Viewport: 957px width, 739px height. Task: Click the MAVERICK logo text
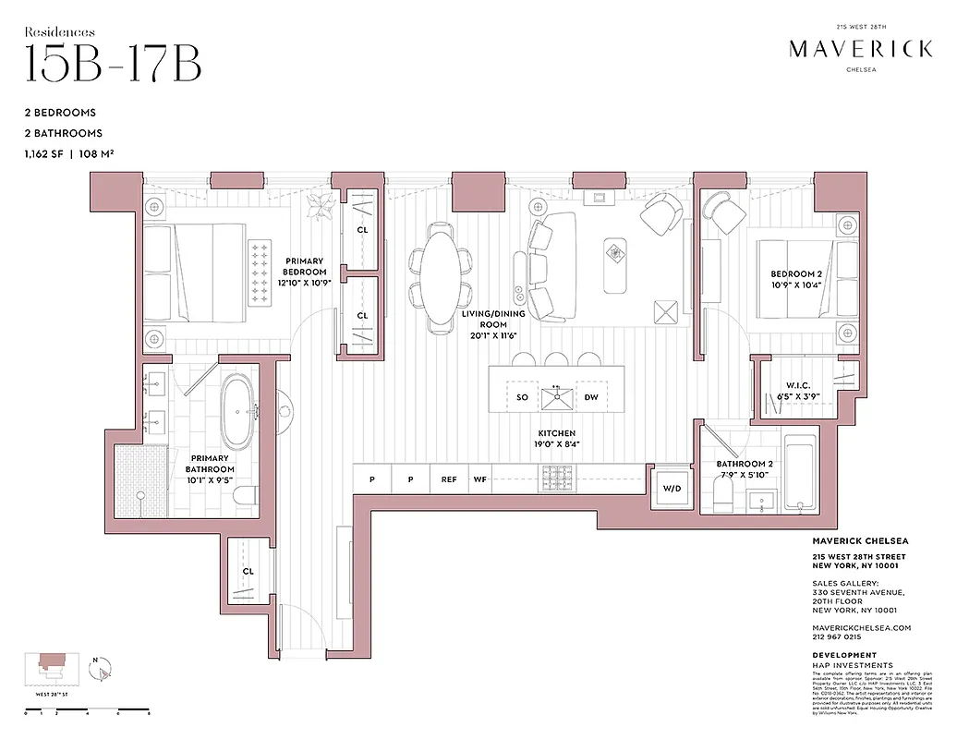tap(860, 49)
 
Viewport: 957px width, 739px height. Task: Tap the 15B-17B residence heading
tap(113, 63)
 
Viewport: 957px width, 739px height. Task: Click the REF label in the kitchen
tap(449, 479)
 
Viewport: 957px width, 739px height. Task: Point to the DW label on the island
tap(591, 397)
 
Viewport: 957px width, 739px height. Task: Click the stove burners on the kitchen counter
tap(557, 478)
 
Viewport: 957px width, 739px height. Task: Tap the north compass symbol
tap(103, 667)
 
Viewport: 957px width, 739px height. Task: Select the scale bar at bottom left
tap(87, 712)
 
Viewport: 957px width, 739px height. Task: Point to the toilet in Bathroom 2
tap(725, 492)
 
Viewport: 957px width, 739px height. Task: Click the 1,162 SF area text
tap(52, 154)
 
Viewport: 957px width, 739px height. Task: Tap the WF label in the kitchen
tap(479, 479)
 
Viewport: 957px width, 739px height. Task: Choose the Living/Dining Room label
tap(494, 320)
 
